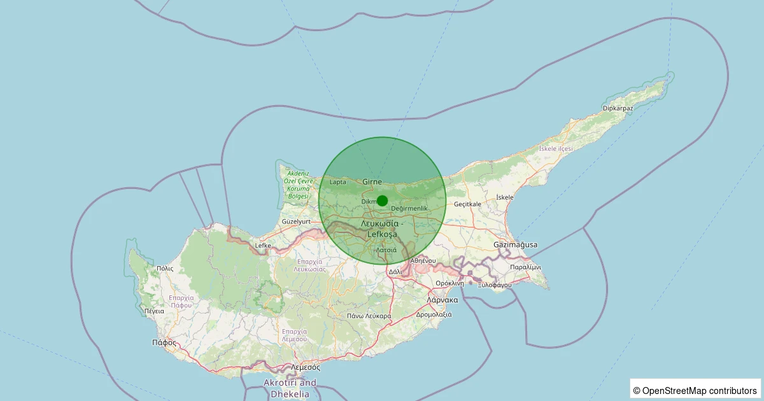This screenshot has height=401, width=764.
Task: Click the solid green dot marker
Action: click(x=382, y=200)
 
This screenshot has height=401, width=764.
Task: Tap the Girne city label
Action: click(x=372, y=182)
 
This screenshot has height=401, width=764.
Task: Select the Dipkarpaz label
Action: click(x=618, y=108)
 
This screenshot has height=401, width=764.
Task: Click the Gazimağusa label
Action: click(x=515, y=244)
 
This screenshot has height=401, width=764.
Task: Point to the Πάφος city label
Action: click(x=164, y=342)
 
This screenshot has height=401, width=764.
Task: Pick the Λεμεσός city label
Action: click(x=305, y=367)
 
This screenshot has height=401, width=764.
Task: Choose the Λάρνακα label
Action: click(x=442, y=300)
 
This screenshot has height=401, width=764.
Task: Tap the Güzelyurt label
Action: click(x=295, y=222)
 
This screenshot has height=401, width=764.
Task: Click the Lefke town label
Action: click(x=263, y=245)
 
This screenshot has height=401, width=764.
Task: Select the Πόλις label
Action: click(x=164, y=269)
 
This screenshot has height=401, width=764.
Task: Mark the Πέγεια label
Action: click(x=154, y=311)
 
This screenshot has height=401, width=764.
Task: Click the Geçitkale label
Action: click(x=468, y=204)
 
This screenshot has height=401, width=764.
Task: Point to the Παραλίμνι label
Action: click(x=525, y=267)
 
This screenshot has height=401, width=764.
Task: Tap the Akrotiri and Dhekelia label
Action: click(x=290, y=388)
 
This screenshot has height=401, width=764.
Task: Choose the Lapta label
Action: click(x=338, y=182)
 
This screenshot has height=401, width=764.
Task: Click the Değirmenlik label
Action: click(x=409, y=209)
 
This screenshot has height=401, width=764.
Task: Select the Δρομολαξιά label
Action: click(x=434, y=314)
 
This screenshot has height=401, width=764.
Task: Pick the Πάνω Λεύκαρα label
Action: click(x=369, y=316)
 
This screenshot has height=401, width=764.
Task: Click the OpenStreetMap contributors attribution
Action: click(x=695, y=390)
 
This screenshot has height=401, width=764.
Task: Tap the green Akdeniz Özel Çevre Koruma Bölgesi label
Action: click(x=297, y=185)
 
